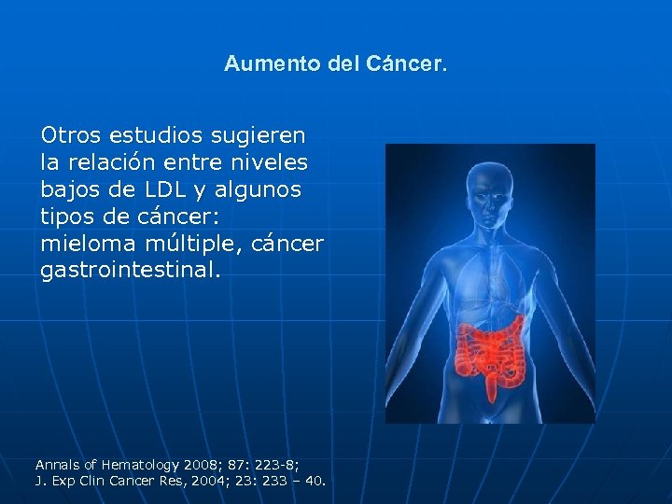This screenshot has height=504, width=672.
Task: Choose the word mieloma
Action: point(81,244)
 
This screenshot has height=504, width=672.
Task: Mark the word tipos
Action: point(66,217)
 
